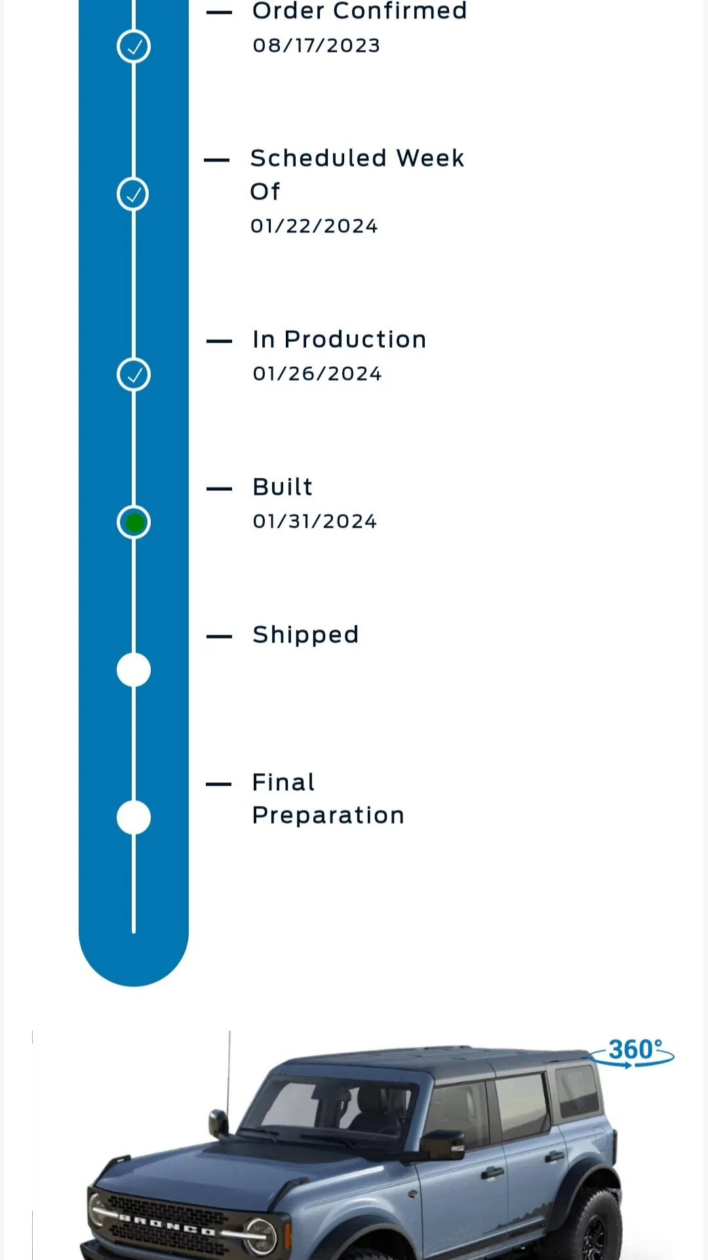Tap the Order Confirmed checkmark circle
(x=134, y=47)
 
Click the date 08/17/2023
(x=317, y=45)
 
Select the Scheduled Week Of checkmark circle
(x=134, y=194)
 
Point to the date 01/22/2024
(x=314, y=226)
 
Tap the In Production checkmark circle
(x=134, y=375)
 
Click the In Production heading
(x=340, y=339)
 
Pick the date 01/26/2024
(x=317, y=373)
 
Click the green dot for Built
(x=134, y=522)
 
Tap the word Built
(x=283, y=487)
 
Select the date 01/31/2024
(x=315, y=521)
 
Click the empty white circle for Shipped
(x=134, y=670)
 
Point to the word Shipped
(x=305, y=635)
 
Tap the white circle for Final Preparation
(x=134, y=818)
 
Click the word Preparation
(x=328, y=816)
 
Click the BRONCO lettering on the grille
(x=167, y=1225)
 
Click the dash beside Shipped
(x=219, y=636)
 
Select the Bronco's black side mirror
(x=442, y=1144)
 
